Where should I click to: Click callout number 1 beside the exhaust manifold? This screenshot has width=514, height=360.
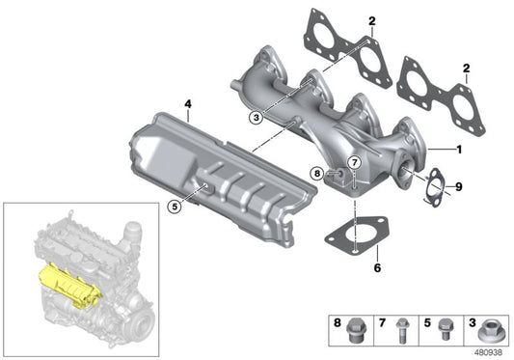tap(460, 151)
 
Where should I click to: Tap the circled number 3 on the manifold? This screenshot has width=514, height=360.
tap(255, 119)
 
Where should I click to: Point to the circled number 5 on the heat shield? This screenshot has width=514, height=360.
tap(174, 205)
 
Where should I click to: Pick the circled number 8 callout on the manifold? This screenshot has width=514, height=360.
tap(316, 174)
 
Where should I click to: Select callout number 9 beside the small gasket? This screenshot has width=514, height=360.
tap(460, 185)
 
